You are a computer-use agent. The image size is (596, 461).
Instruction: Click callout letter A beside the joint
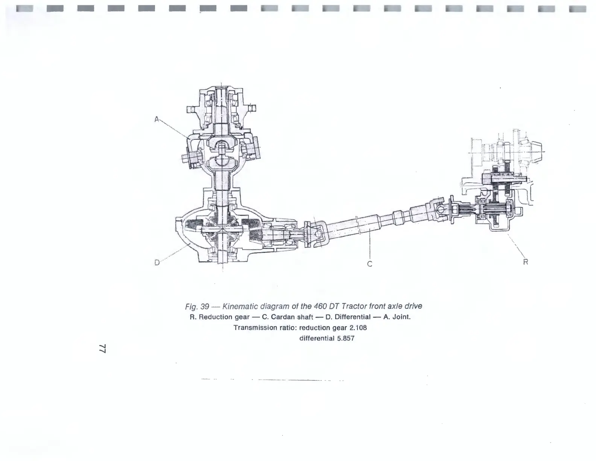click(157, 119)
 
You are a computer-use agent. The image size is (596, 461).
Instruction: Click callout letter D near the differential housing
click(157, 263)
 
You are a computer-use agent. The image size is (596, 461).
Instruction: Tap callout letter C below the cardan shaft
click(369, 264)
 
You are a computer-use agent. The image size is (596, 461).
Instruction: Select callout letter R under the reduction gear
click(526, 262)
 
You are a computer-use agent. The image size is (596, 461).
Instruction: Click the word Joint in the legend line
click(401, 317)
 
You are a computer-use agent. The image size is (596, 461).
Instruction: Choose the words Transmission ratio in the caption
click(265, 328)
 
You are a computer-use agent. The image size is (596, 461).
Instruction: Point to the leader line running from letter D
click(175, 253)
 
